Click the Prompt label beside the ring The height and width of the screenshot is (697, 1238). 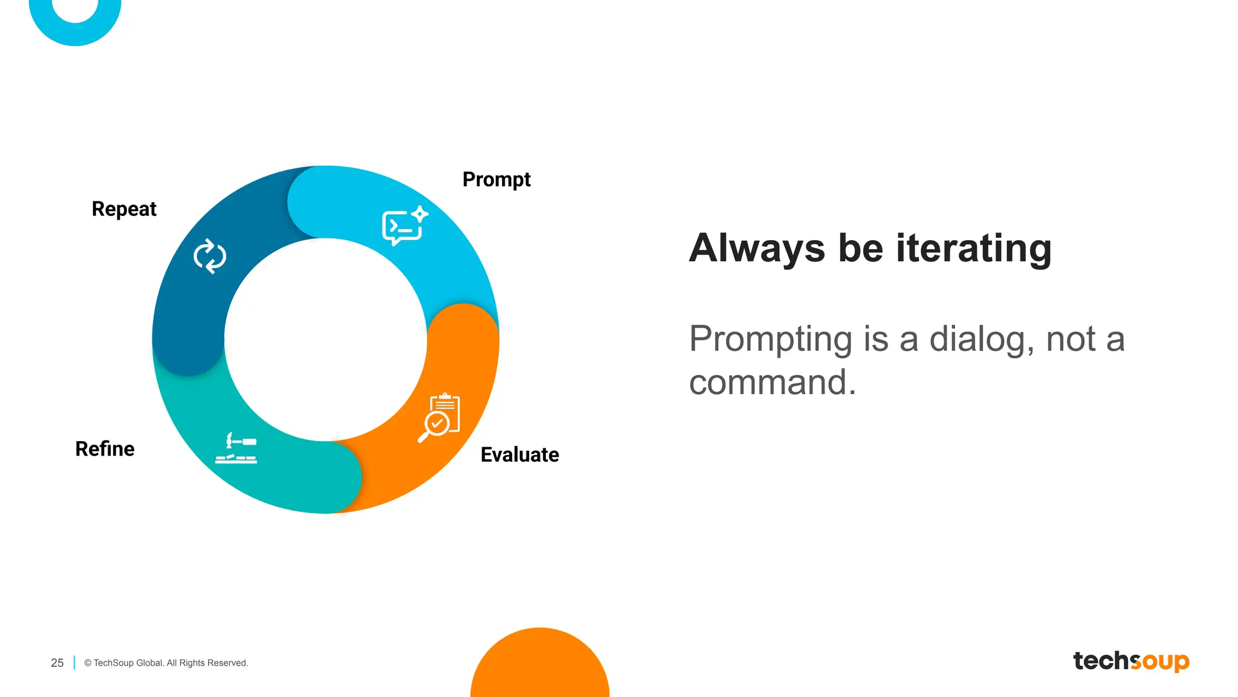[496, 180]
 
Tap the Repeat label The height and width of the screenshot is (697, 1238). [124, 209]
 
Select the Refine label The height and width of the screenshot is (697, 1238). [105, 449]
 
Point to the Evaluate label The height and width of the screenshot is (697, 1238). [519, 454]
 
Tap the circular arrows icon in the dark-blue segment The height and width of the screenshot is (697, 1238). [210, 256]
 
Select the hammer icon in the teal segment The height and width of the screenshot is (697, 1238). [236, 448]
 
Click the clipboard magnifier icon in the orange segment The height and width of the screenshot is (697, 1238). [440, 417]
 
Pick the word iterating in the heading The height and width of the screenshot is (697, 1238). [973, 248]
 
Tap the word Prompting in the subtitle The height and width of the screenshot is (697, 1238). [771, 339]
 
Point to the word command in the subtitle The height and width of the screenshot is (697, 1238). [772, 382]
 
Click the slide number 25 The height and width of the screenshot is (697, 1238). [57, 663]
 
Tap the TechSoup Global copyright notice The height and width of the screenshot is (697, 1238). [166, 663]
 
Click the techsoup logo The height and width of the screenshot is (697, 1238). [1130, 661]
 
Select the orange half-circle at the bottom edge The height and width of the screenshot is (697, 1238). [540, 666]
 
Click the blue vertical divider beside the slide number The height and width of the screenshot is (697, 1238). [74, 663]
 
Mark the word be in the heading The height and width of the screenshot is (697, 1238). [860, 248]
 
